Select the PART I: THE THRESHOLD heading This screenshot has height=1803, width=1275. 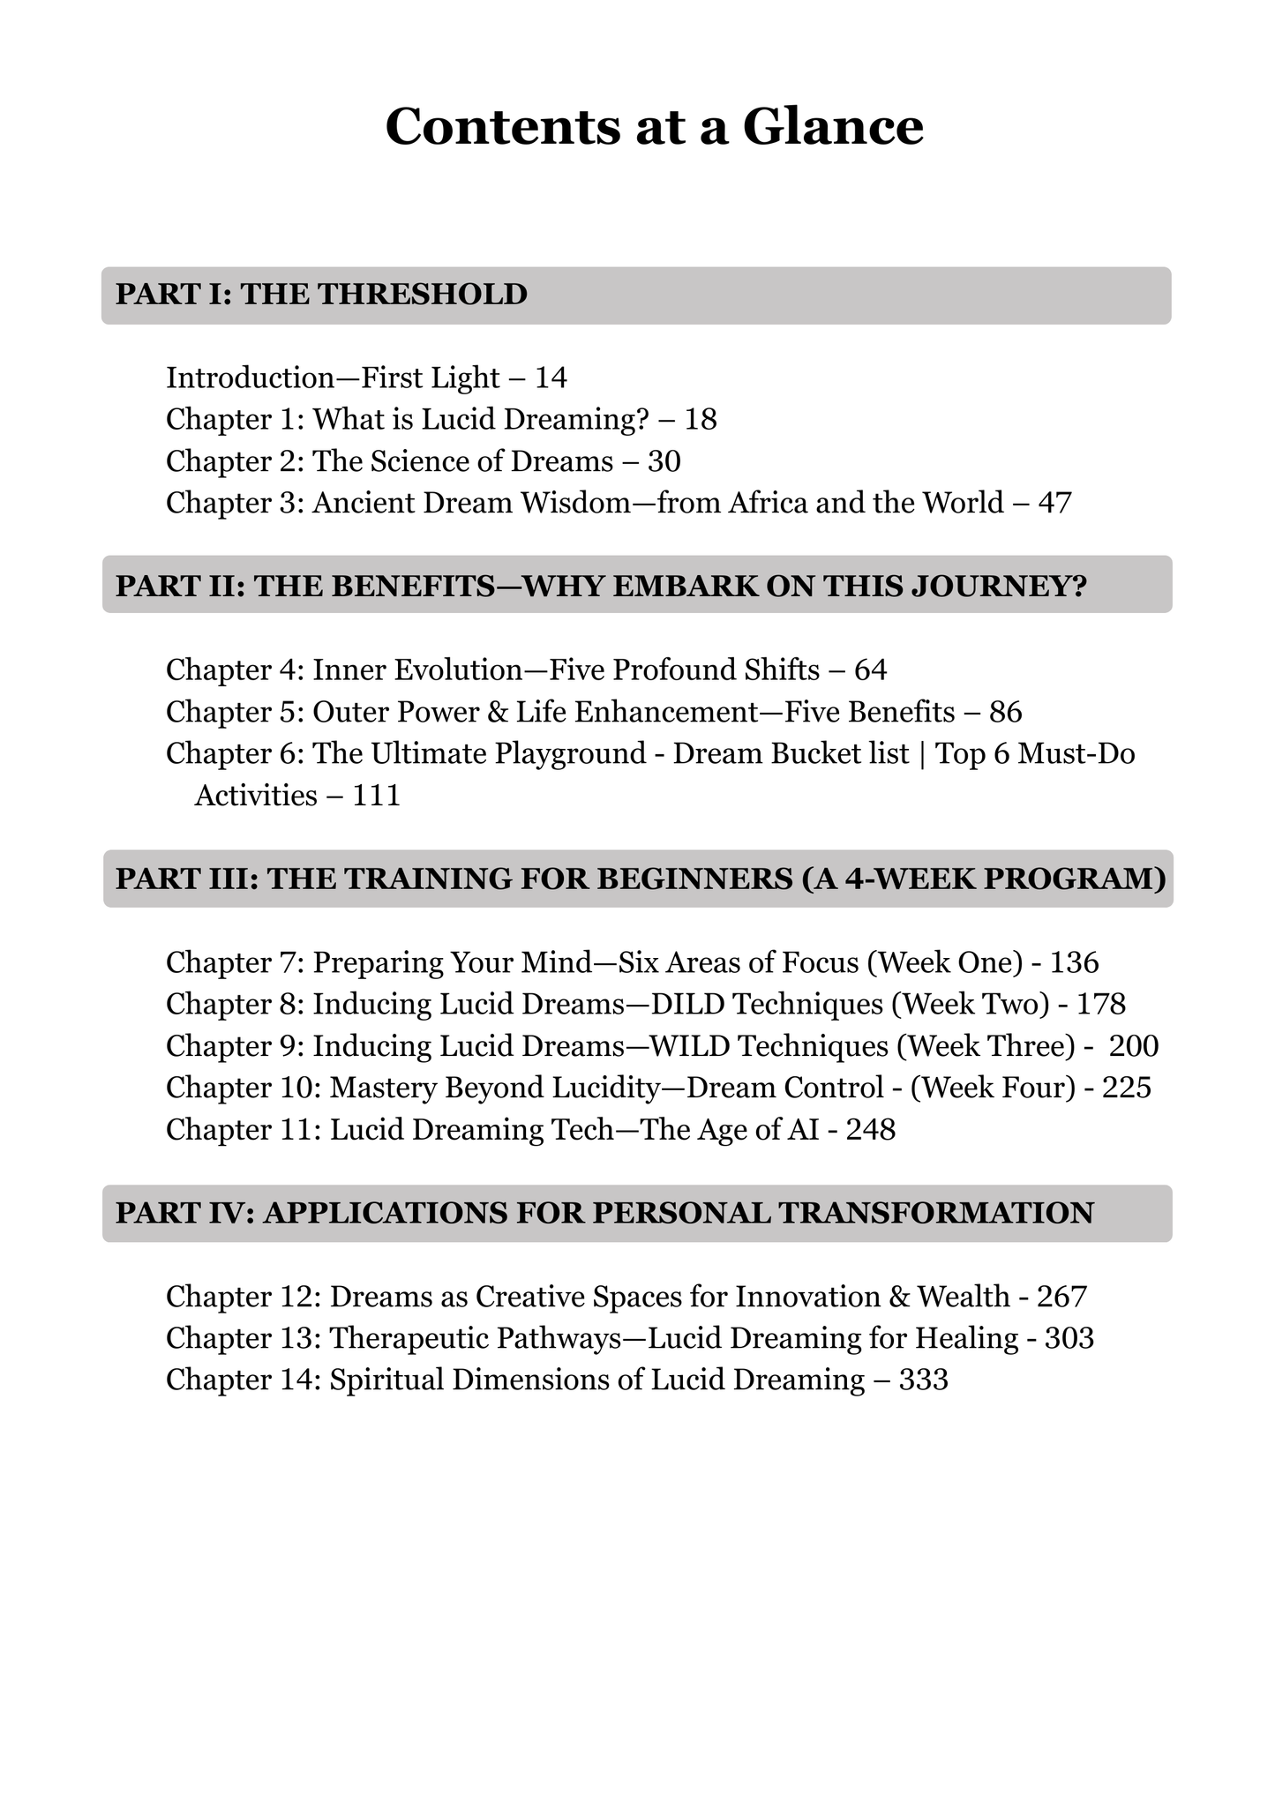point(321,295)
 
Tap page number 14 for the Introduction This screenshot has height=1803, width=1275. point(551,378)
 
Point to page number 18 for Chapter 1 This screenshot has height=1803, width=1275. point(701,420)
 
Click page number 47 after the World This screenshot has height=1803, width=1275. point(1054,503)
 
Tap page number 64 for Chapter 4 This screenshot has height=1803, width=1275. point(870,670)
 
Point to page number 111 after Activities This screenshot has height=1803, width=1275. point(377,796)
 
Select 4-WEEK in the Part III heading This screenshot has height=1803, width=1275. point(901,879)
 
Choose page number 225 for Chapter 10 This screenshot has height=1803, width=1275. point(1127,1088)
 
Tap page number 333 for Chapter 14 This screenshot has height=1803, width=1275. point(923,1380)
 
